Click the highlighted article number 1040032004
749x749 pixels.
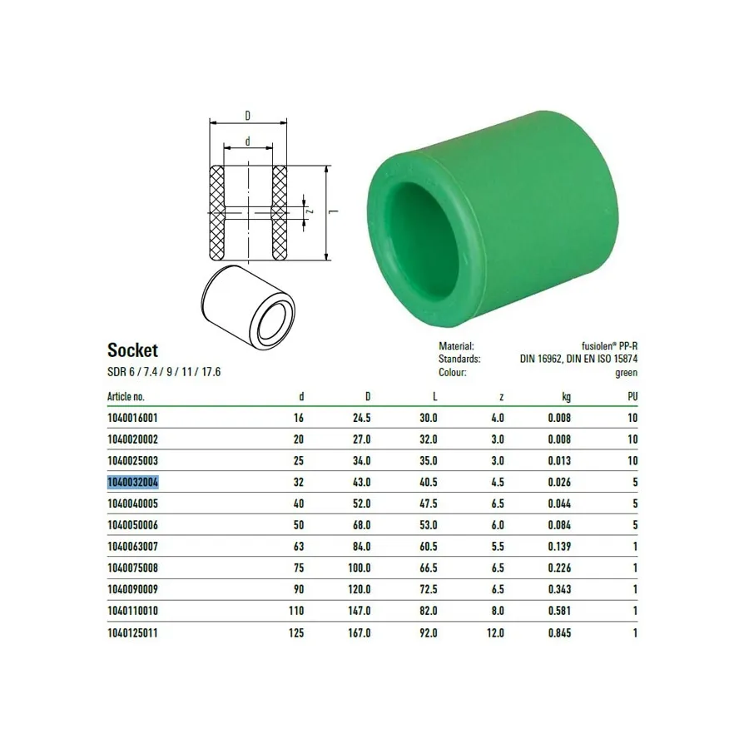133,483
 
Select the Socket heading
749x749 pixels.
133,350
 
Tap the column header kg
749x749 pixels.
566,397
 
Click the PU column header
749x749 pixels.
632,396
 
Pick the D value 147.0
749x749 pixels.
360,611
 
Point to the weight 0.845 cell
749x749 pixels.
559,633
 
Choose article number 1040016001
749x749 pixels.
132,418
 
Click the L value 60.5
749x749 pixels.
428,547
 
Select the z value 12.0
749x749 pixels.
495,633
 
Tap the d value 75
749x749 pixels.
299,568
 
